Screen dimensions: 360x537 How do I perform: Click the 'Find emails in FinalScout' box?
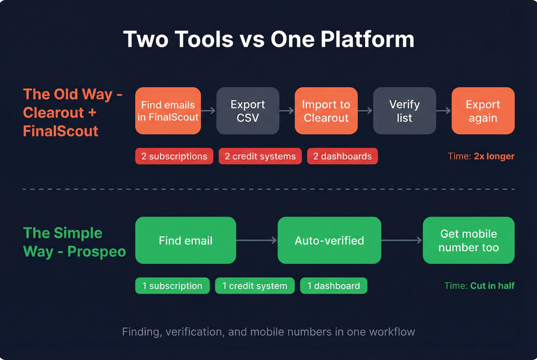[168, 111]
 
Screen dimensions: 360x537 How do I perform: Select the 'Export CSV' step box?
[248, 111]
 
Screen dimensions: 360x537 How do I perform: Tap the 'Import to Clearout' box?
[326, 111]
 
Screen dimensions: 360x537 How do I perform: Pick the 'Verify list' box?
[404, 111]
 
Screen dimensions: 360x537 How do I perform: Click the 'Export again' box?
[483, 111]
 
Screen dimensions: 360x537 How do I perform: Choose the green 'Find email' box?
[186, 240]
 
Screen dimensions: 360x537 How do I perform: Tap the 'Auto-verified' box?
[329, 240]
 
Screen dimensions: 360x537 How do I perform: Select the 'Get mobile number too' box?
[468, 240]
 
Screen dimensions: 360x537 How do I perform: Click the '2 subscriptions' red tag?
[174, 156]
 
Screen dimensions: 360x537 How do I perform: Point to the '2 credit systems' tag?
[260, 156]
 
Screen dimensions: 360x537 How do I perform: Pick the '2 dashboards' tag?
[342, 156]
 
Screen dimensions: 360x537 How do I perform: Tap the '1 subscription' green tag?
[172, 286]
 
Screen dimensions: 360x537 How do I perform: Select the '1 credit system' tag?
[255, 286]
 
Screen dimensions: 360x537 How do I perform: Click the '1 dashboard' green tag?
[333, 286]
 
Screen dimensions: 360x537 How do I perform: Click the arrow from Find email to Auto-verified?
[257, 240]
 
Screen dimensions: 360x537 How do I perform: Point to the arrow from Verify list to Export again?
[443, 111]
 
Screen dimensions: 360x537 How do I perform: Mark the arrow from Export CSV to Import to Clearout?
[287, 111]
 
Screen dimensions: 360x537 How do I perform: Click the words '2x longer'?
[494, 156]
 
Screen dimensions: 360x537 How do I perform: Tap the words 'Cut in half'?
[492, 286]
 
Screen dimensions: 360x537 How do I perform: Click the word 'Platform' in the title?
[367, 39]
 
